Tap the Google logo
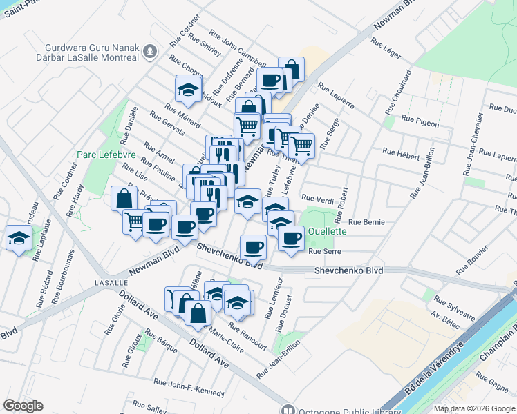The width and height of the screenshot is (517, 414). point(23,406)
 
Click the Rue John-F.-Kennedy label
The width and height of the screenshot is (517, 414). point(189,386)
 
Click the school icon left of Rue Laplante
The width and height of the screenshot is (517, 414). point(19,239)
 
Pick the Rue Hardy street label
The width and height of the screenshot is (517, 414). point(76,199)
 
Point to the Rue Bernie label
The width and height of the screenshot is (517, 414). point(366,222)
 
